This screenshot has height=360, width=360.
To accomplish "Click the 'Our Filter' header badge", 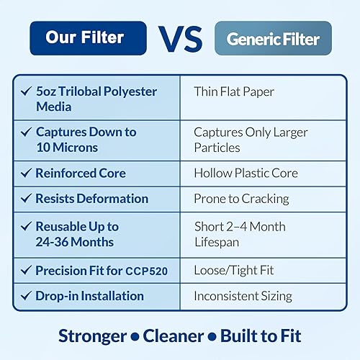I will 87,38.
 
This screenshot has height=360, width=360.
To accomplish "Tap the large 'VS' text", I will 181,39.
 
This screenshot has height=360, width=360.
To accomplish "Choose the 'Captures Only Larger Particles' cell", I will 250,140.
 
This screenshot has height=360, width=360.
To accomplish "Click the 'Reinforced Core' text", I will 81,174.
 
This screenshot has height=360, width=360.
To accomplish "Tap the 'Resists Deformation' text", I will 91,199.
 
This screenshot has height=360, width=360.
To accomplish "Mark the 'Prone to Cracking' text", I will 241,199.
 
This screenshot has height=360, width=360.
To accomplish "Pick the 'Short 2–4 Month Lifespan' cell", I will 240,234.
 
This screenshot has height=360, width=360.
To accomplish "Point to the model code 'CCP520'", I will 150,271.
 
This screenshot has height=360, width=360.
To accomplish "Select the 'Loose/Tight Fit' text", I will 233,271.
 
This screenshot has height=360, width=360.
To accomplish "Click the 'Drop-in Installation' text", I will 89,296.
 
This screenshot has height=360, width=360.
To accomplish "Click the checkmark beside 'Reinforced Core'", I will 26,174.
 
